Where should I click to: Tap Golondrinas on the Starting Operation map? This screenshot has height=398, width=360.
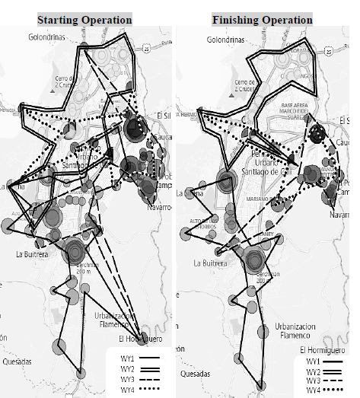pyautogui.click(x=50, y=36)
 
